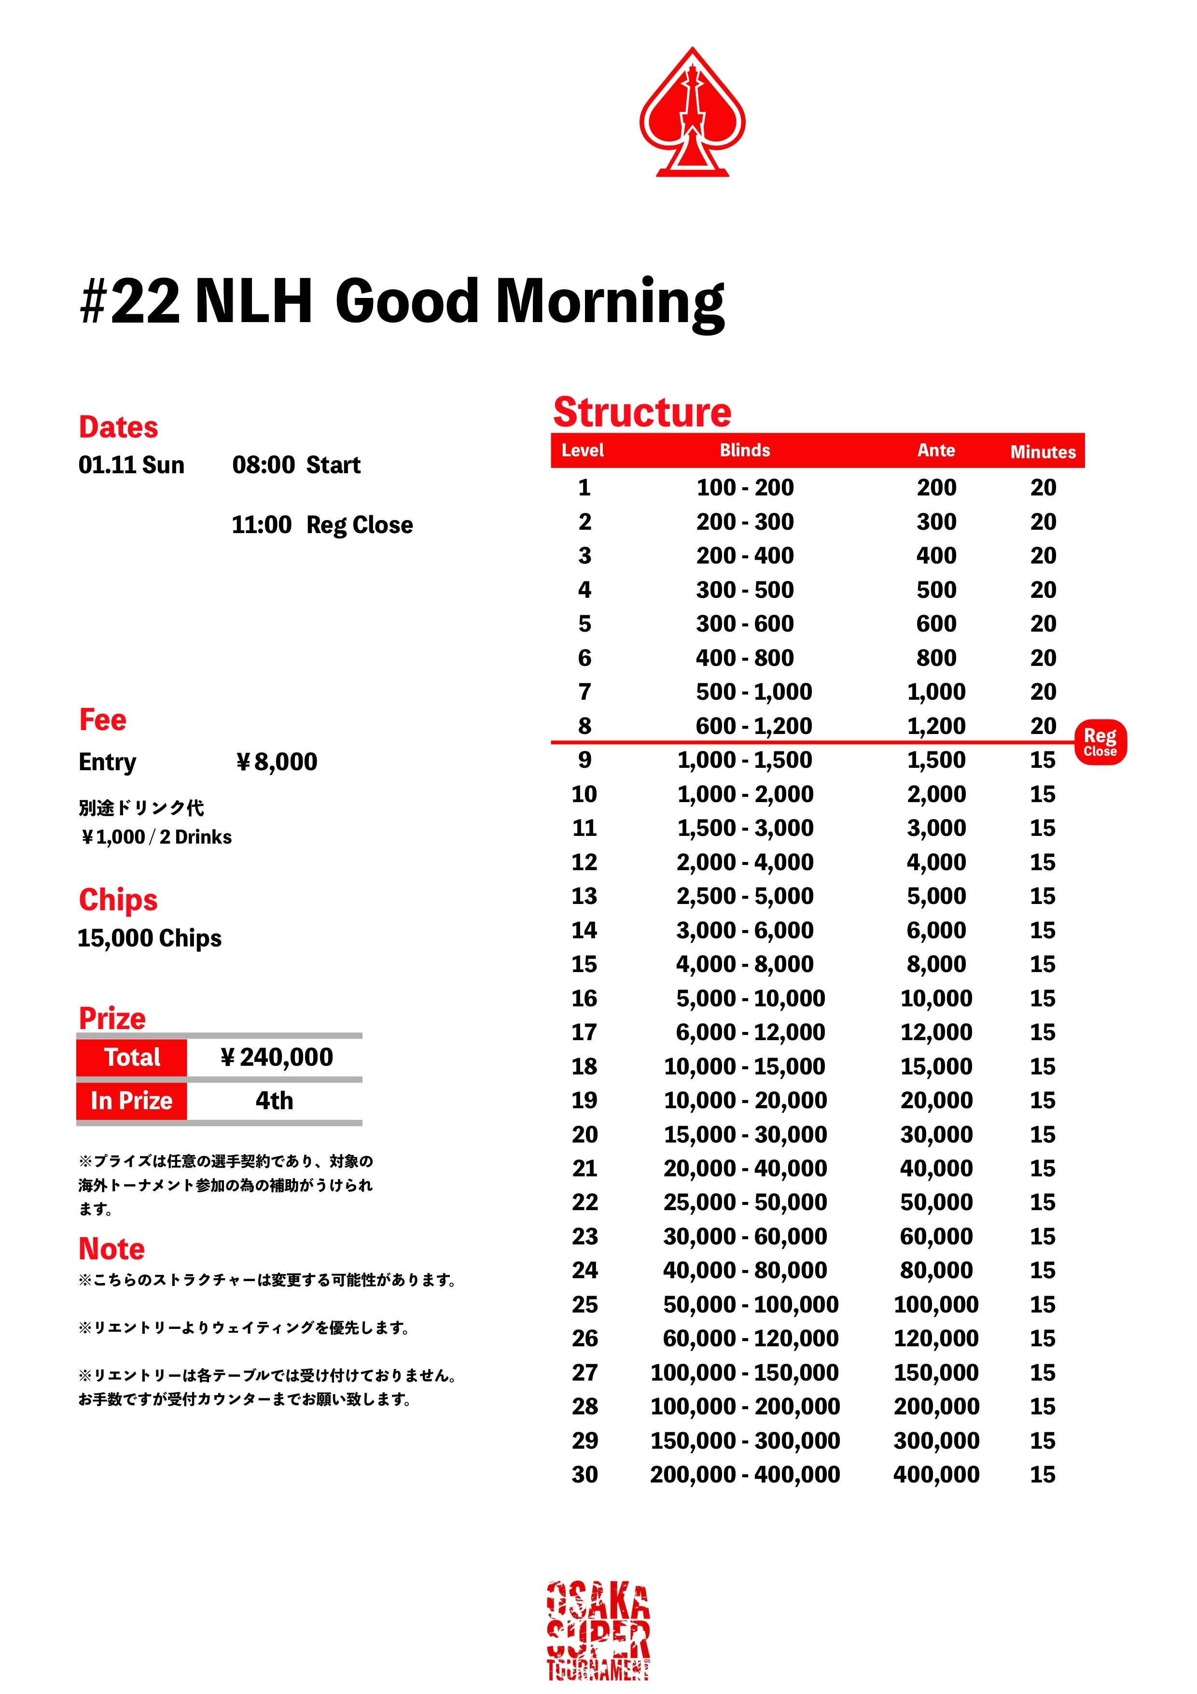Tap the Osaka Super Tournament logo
click(x=598, y=1631)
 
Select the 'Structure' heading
click(x=641, y=412)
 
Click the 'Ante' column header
click(x=936, y=450)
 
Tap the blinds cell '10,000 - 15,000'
click(x=744, y=1066)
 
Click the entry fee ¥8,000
click(x=277, y=762)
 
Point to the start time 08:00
click(x=264, y=465)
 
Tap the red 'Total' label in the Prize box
click(x=132, y=1057)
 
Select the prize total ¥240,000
click(x=277, y=1057)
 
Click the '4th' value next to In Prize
click(x=274, y=1101)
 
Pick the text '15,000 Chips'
click(x=150, y=938)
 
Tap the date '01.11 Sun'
click(x=131, y=465)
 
